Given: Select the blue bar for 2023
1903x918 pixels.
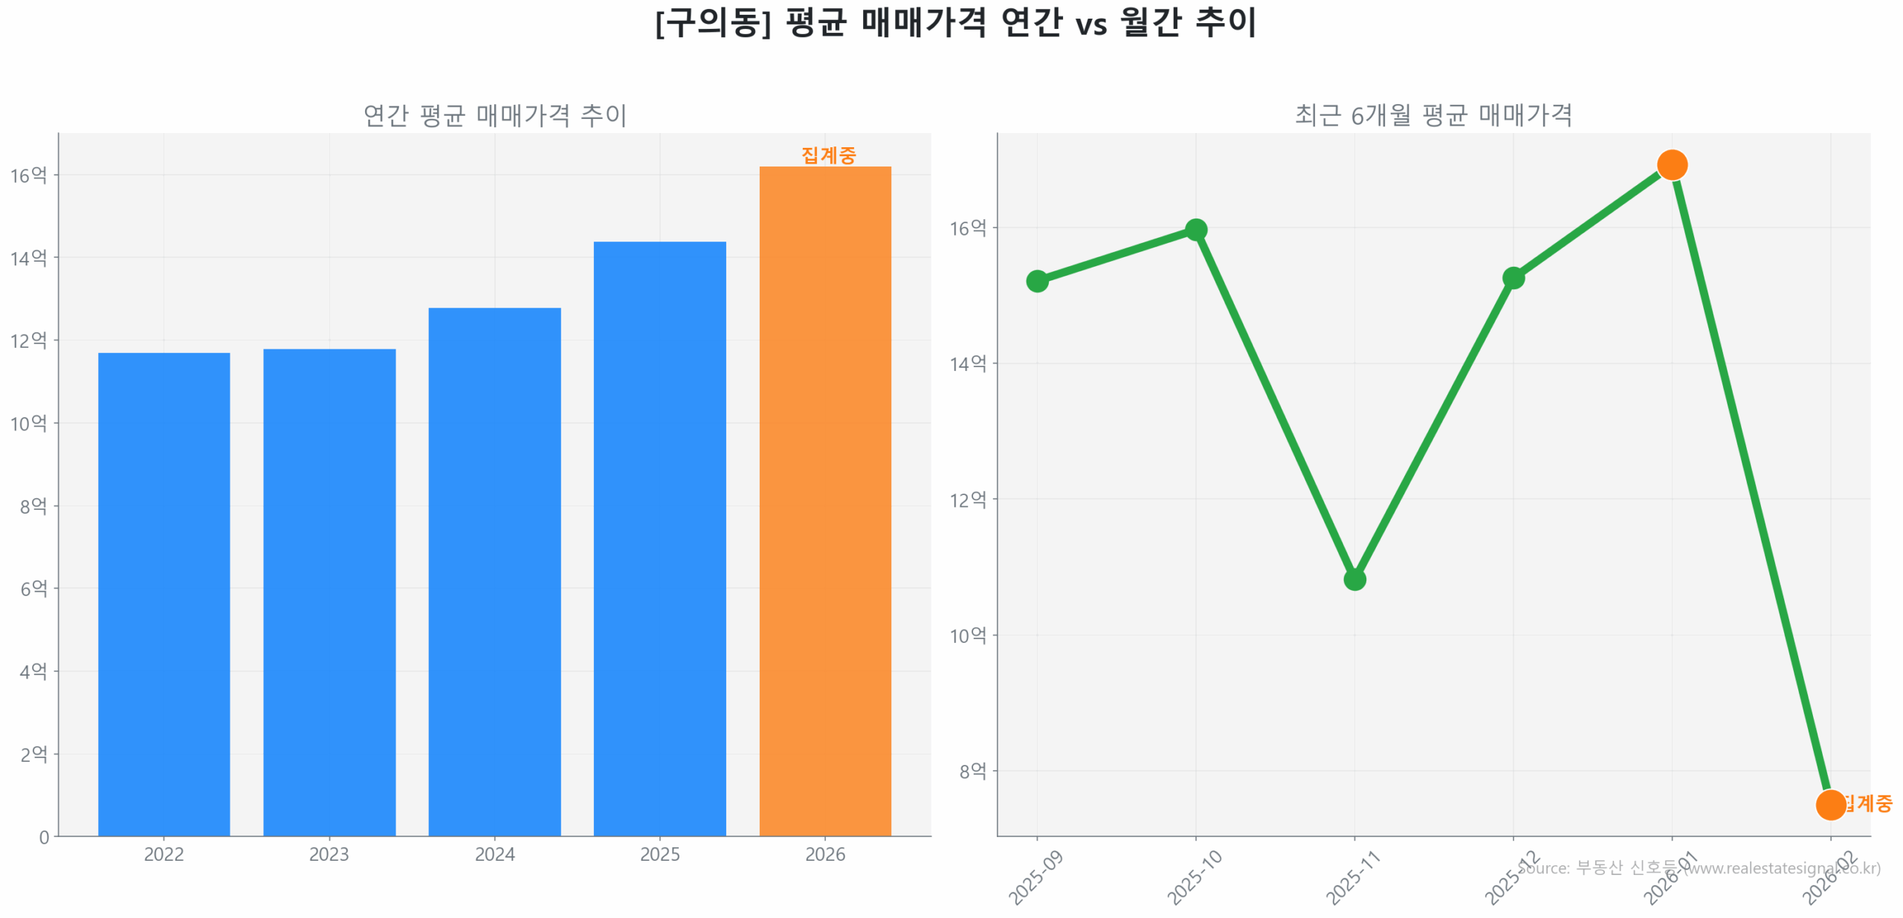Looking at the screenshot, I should tap(329, 592).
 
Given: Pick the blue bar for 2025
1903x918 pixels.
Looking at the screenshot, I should tap(659, 538).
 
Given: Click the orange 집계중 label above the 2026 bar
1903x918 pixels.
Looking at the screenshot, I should tap(828, 155).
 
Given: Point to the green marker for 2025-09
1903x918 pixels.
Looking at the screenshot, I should tap(1037, 281).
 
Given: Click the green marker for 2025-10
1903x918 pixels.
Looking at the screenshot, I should tap(1195, 230).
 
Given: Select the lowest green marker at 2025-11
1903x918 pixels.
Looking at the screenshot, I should tap(1354, 579).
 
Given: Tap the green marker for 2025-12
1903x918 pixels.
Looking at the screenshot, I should tap(1513, 278).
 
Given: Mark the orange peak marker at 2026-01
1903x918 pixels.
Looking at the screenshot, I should tap(1671, 165).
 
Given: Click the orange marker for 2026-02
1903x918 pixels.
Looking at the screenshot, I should tap(1829, 804).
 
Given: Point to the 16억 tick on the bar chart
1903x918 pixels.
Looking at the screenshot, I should tap(28, 175).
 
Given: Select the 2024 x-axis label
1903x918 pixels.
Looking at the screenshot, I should tap(494, 854).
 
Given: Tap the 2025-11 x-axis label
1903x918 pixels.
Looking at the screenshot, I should tap(1352, 878).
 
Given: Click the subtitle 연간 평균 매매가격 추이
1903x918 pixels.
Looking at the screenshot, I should tap(494, 115).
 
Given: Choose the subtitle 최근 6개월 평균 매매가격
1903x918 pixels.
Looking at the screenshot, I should tap(1432, 115).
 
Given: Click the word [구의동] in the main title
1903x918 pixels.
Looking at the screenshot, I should tap(712, 22).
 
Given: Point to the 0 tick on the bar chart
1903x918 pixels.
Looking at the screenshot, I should tap(44, 837).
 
